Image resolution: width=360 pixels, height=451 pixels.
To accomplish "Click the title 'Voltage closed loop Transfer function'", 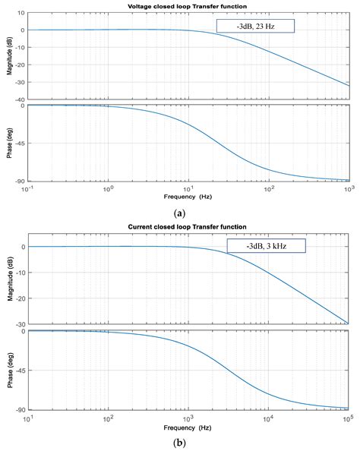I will click(188, 6).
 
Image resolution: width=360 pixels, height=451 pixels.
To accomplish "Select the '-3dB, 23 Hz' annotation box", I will click(254, 26).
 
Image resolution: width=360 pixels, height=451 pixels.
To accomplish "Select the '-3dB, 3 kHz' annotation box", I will click(266, 246).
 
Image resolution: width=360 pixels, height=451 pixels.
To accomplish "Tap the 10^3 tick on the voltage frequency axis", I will click(349, 188).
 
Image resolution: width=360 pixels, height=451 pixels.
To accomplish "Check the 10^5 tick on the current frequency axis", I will click(349, 416).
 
